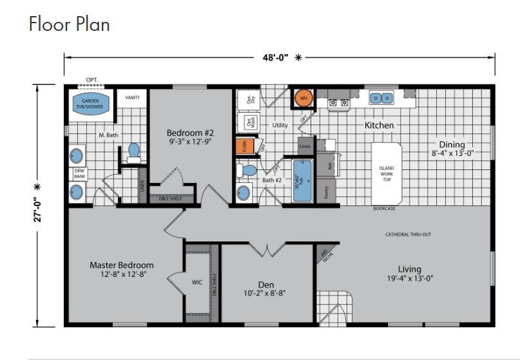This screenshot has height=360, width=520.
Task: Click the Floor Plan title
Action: (x=70, y=24)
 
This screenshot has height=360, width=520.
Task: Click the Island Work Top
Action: (x=386, y=173)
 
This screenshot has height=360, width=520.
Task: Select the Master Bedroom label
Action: (x=122, y=265)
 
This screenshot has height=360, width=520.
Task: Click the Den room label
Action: (x=265, y=284)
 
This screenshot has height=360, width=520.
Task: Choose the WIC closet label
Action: (x=197, y=282)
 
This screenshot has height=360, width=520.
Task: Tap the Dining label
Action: (x=452, y=144)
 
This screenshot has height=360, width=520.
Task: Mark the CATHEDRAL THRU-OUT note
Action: (x=408, y=234)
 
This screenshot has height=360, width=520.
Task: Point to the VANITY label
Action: (x=132, y=97)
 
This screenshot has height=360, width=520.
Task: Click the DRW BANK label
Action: (x=80, y=173)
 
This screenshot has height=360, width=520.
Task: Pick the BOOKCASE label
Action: (x=385, y=209)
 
